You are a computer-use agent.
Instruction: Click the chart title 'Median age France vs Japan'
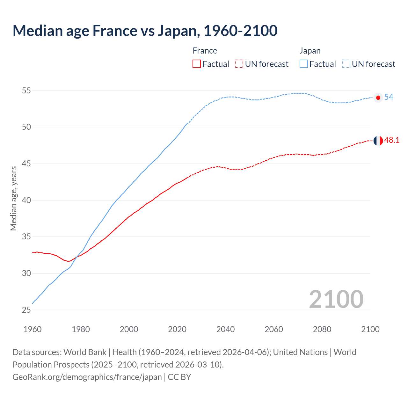point(145,31)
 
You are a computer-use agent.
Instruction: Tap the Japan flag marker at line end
point(378,98)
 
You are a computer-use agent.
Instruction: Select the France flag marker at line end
point(378,141)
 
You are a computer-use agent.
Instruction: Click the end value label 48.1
point(392,140)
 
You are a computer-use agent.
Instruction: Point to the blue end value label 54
point(389,97)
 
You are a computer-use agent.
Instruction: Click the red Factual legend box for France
point(197,64)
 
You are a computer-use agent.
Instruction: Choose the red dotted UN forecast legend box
point(239,64)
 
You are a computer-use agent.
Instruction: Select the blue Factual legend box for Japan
point(304,64)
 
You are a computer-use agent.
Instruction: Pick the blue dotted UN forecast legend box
point(346,64)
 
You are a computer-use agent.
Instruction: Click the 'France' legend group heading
point(205,51)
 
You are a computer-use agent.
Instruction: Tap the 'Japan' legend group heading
point(310,51)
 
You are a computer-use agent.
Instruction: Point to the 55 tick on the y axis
point(26,91)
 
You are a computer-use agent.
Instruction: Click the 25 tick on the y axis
point(26,310)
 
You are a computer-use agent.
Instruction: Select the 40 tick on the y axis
point(26,200)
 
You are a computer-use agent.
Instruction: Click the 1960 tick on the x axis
point(33,329)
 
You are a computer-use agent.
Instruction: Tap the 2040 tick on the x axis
point(225,329)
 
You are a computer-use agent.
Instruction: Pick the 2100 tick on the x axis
point(370,329)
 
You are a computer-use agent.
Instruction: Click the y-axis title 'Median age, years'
point(13,198)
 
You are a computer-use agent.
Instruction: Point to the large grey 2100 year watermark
point(336,299)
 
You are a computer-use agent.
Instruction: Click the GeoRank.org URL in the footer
point(87,377)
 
